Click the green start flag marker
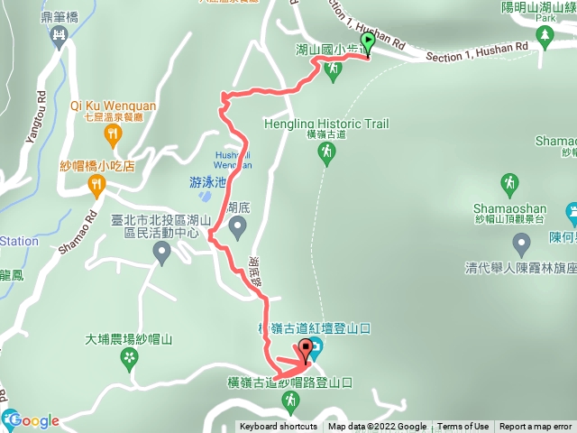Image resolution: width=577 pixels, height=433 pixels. click(x=368, y=43)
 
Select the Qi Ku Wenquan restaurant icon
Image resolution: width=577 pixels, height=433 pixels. click(x=113, y=136)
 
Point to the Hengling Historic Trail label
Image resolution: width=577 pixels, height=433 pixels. click(x=326, y=124)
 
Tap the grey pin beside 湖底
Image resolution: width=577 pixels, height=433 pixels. click(x=238, y=229)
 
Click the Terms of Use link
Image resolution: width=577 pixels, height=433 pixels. click(x=463, y=427)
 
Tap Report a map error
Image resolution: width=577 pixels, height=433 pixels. click(x=536, y=427)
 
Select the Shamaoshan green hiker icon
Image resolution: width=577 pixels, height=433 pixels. click(x=509, y=184)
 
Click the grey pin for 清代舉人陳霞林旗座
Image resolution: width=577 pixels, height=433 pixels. click(x=521, y=243)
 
